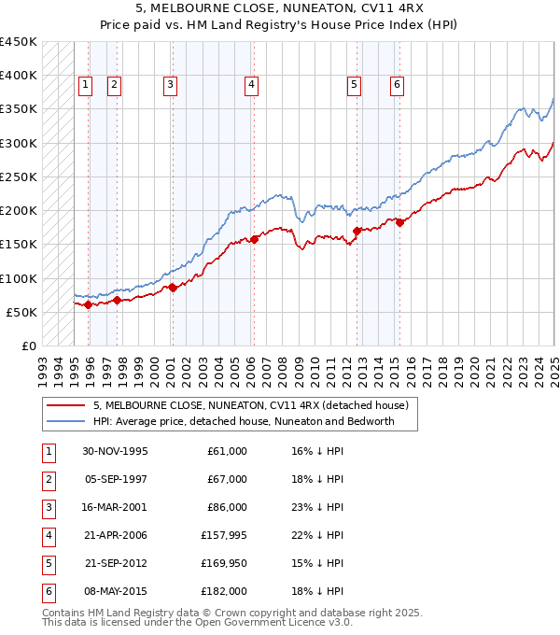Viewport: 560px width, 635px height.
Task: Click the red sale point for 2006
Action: [255, 239]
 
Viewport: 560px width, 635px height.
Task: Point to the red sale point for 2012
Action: [357, 230]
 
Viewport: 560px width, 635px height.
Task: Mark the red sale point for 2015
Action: [399, 222]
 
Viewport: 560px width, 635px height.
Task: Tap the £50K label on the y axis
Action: [21, 312]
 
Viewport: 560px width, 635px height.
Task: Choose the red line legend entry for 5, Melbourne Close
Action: [250, 406]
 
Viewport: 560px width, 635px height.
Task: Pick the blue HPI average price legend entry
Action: [244, 421]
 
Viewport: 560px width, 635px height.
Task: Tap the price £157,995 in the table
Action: [224, 535]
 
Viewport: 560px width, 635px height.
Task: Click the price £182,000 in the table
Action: [224, 591]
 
